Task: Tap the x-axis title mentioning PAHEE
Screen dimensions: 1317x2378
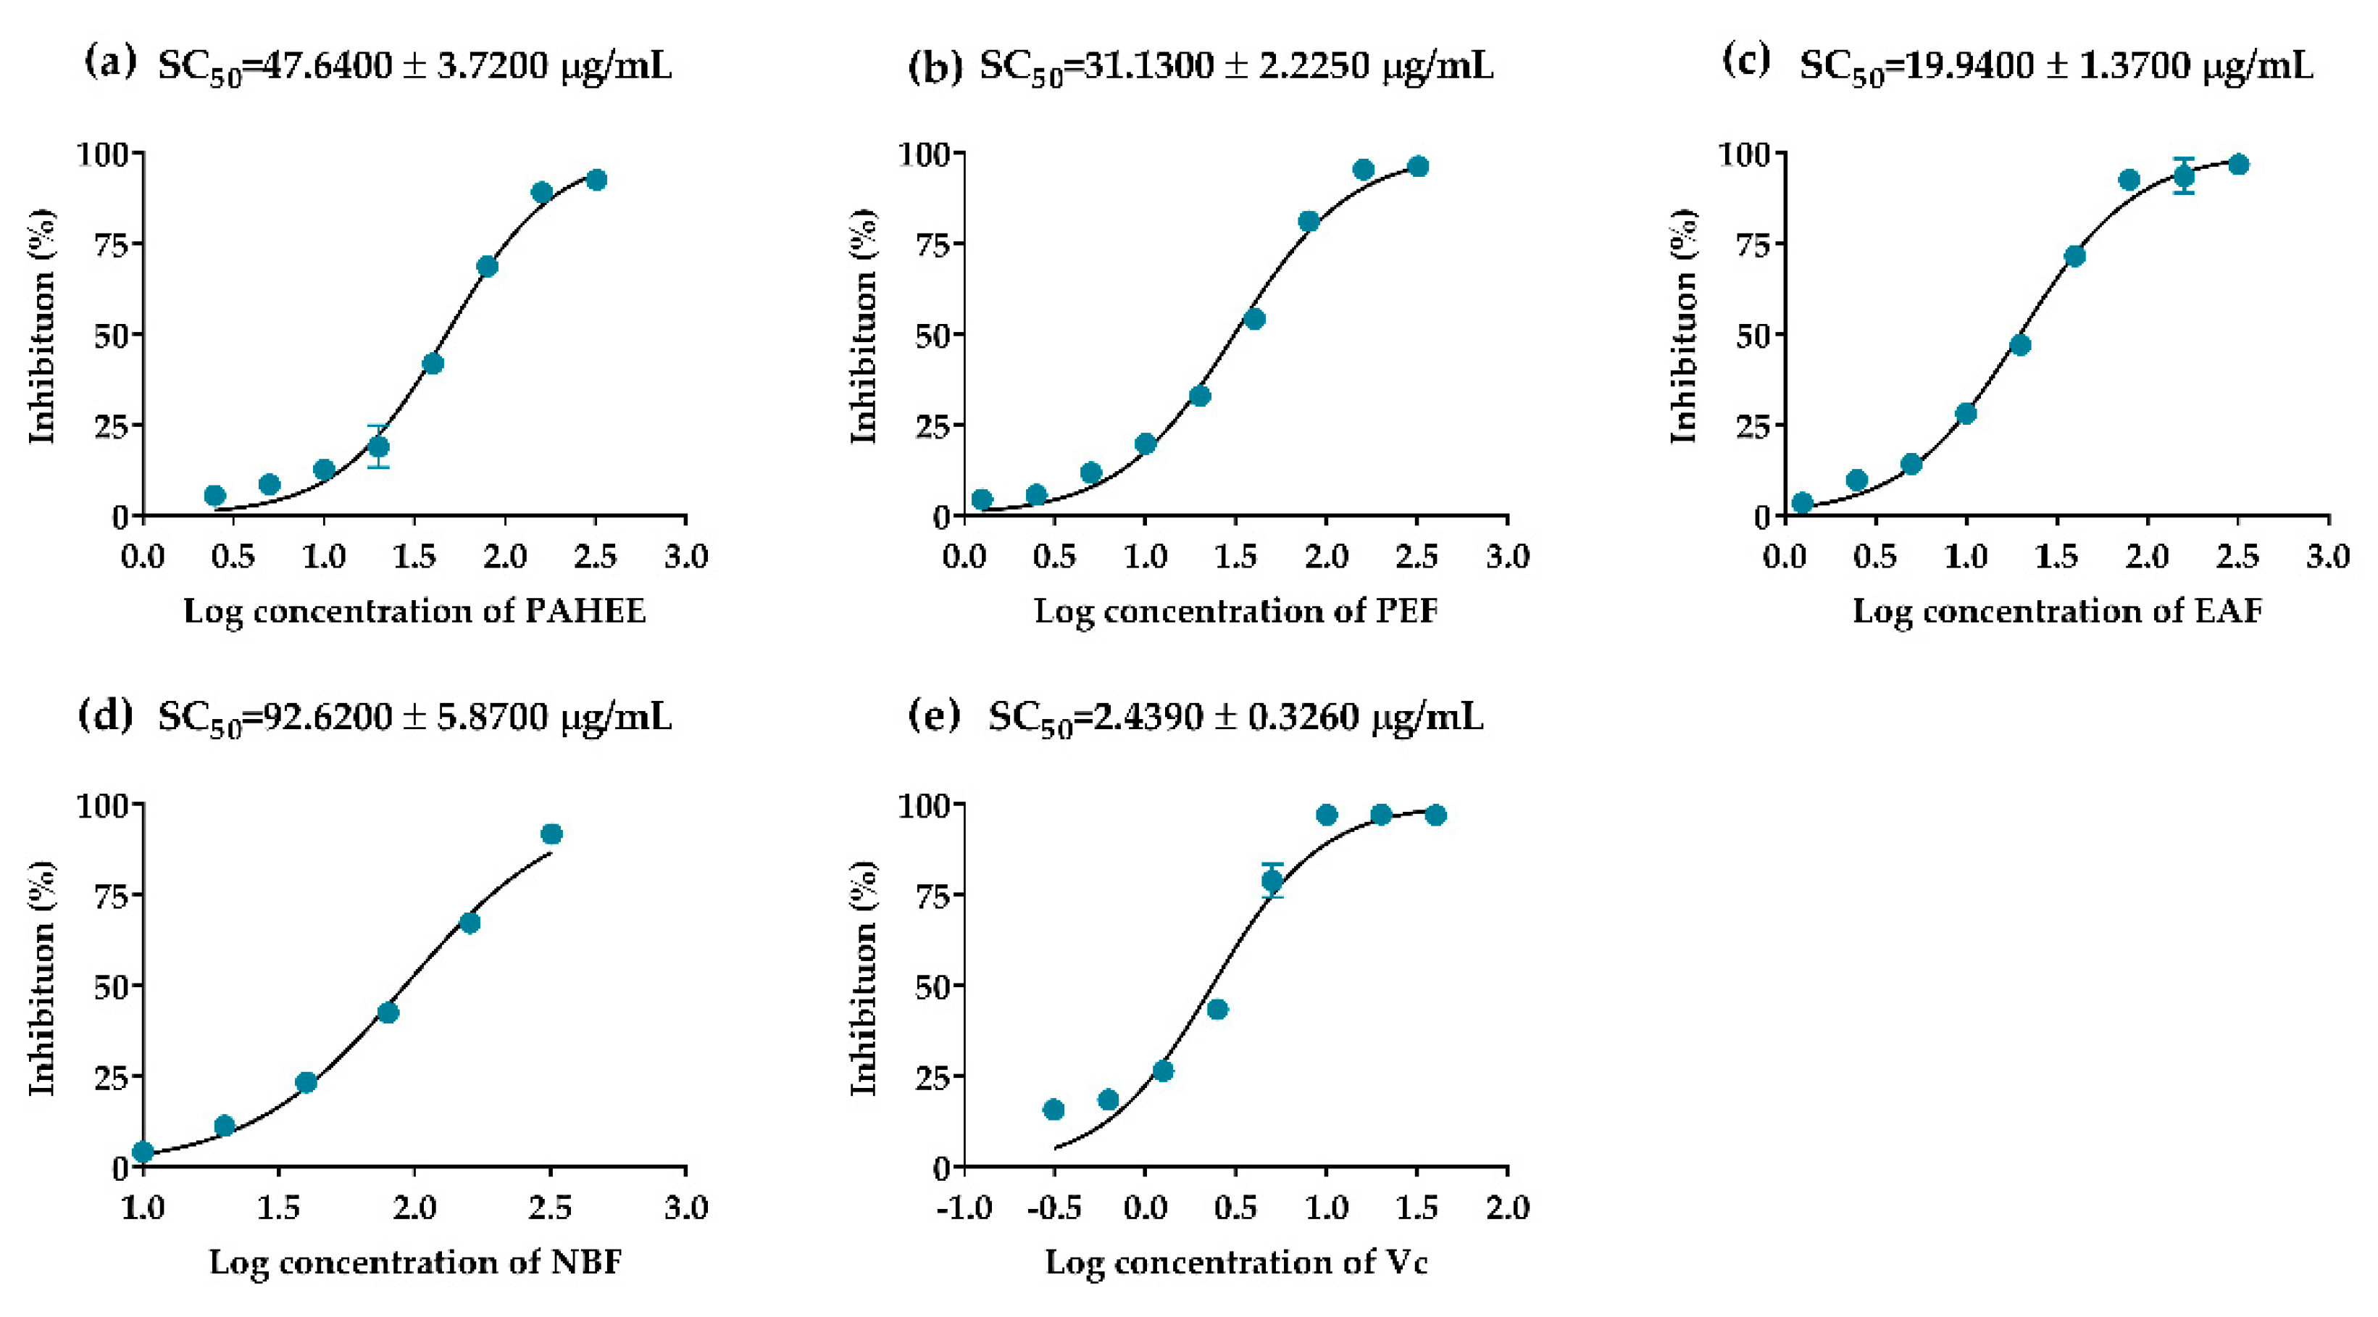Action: (x=414, y=612)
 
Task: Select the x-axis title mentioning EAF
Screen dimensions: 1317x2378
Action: (x=2057, y=612)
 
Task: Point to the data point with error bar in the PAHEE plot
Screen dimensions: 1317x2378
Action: (x=377, y=447)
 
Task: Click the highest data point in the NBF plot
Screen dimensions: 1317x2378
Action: (x=551, y=834)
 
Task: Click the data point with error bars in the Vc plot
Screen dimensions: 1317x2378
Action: (x=1272, y=880)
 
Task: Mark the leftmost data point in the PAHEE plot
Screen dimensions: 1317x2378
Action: (x=214, y=496)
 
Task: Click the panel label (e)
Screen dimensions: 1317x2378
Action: (x=933, y=715)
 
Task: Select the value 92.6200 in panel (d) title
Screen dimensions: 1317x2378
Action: (x=327, y=718)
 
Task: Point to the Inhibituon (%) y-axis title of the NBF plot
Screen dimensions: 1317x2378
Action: (x=41, y=979)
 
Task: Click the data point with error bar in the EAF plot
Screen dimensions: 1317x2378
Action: (x=2183, y=175)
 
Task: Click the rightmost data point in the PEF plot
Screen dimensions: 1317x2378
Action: (x=1418, y=166)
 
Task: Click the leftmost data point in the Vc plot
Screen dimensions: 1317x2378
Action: (x=1054, y=1109)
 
